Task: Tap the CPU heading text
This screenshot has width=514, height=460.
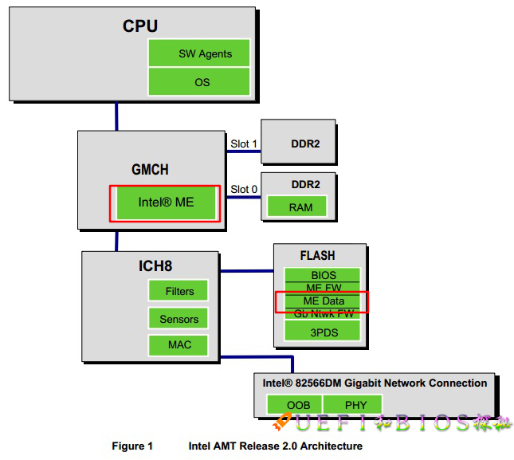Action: (139, 26)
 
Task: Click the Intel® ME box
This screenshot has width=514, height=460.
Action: (166, 202)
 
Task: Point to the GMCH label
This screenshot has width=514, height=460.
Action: (150, 170)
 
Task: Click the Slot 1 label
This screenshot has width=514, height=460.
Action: (244, 144)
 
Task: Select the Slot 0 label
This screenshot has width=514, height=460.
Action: (244, 189)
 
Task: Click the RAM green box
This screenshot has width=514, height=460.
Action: (300, 207)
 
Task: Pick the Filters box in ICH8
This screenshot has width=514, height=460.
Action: (179, 291)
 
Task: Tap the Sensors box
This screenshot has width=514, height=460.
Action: (179, 319)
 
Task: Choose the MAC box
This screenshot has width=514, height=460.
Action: (179, 345)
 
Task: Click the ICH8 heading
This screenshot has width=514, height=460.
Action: (150, 265)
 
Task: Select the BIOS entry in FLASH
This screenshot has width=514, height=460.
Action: (323, 276)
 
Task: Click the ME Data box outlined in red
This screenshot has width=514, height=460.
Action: (322, 301)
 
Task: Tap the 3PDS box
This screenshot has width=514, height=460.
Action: (323, 331)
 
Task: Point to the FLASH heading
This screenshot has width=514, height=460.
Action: (317, 256)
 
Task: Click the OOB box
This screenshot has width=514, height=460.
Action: (298, 405)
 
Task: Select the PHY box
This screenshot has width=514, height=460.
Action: (355, 405)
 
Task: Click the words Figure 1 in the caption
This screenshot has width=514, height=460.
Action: (132, 446)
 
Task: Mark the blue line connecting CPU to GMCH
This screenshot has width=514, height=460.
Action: (116, 116)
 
